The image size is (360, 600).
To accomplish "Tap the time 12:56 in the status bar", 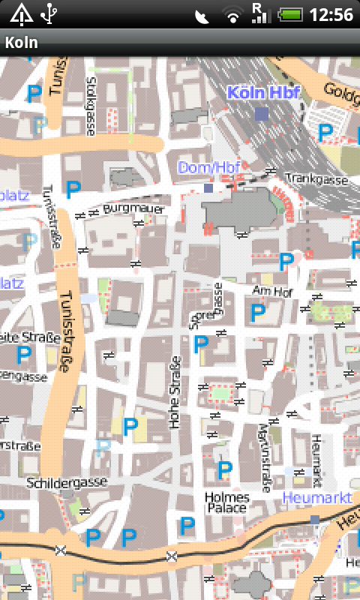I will (x=331, y=14).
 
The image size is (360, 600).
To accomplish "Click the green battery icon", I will (x=289, y=14).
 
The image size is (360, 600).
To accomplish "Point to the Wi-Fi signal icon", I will (x=234, y=14).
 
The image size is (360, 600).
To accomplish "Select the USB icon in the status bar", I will (x=49, y=13).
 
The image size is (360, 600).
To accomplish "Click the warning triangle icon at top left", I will (x=20, y=13).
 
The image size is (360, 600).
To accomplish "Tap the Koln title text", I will (x=22, y=43).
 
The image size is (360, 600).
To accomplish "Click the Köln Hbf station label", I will (x=263, y=93).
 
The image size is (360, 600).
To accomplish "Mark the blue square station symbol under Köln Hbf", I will (x=261, y=113).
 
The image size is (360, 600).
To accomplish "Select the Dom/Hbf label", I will (x=206, y=166).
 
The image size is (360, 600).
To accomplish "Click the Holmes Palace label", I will (x=226, y=502).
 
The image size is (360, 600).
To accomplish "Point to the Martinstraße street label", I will (x=265, y=458).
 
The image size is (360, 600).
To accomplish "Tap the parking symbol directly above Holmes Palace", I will (x=223, y=470).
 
